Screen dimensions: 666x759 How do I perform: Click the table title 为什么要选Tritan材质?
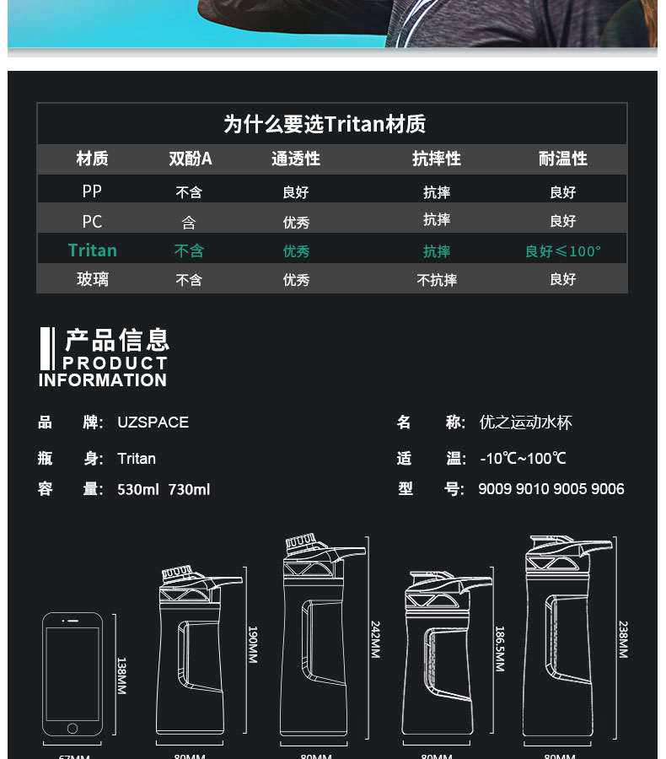pos(325,124)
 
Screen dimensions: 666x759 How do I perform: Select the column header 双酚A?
pos(190,159)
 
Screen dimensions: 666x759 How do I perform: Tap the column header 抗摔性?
pos(436,159)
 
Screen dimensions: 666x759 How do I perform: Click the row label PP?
pos(92,191)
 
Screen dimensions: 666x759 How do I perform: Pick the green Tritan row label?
pos(93,250)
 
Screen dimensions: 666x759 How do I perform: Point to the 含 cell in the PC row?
pos(189,222)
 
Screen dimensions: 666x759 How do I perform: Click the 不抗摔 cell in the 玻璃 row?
pos(437,280)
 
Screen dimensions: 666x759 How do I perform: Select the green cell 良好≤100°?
pos(562,251)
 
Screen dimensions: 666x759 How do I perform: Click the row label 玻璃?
pos(93,279)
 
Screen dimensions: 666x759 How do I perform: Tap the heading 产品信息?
pos(117,340)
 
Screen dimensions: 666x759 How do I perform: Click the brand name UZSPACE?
pos(153,423)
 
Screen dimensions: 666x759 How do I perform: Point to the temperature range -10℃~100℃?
pos(523,459)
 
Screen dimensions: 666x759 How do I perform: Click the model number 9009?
pos(495,489)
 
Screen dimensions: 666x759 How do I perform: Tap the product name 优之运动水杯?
pos(525,423)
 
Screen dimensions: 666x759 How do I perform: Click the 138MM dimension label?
pos(121,675)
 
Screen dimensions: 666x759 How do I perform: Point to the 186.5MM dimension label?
pos(499,648)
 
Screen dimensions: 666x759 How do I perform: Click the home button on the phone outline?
pos(73,728)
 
